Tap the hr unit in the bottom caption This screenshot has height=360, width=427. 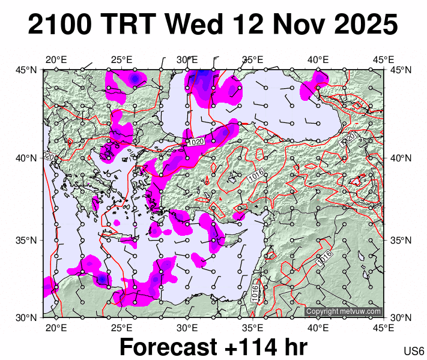(x=294, y=347)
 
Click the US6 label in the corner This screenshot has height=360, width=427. (x=415, y=351)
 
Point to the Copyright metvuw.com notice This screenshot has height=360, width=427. (x=343, y=311)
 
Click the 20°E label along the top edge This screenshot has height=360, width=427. (x=56, y=59)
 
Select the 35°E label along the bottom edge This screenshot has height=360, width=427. (x=253, y=328)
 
